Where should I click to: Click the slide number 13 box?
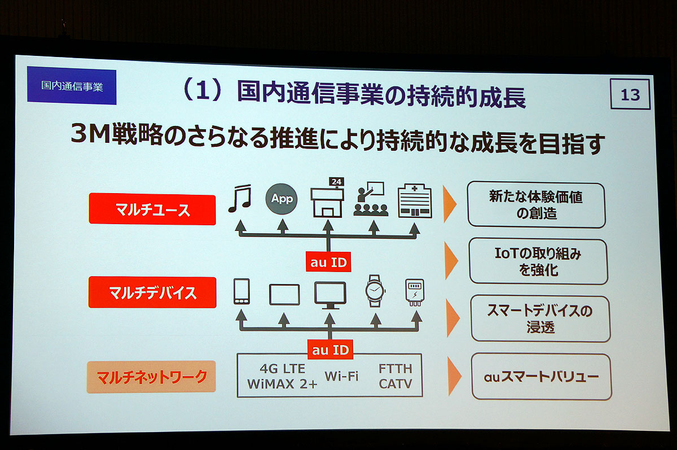click(630, 94)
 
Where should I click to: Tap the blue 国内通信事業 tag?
click(72, 86)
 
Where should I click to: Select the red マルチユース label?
click(152, 209)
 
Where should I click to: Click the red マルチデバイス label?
click(152, 292)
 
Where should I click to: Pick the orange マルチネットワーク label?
click(151, 377)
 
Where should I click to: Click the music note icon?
click(240, 198)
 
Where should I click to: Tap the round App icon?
click(282, 199)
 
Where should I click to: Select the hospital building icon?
click(415, 201)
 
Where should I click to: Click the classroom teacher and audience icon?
click(371, 199)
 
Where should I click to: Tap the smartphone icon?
click(241, 291)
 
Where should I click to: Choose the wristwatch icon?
click(375, 291)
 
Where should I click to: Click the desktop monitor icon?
click(330, 295)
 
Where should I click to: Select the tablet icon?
click(284, 294)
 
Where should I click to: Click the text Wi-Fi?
click(341, 376)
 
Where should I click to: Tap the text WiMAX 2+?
click(282, 384)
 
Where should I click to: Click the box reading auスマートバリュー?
click(541, 377)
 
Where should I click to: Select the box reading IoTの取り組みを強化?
click(538, 261)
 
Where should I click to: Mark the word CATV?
click(395, 384)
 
